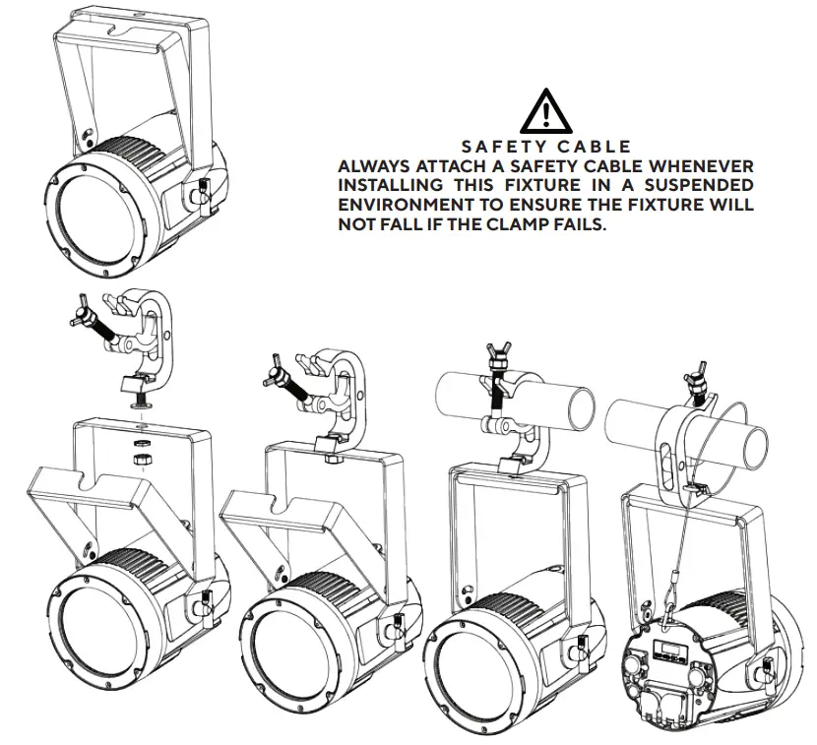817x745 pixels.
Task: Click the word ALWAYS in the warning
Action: [374, 167]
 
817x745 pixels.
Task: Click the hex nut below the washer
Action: [142, 458]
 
